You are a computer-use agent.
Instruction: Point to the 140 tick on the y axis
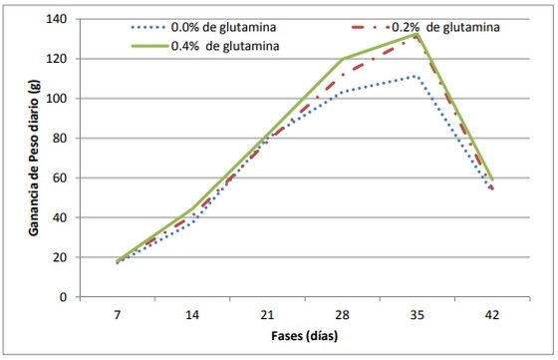pyautogui.click(x=63, y=19)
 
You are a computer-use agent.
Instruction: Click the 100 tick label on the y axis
pyautogui.click(x=63, y=99)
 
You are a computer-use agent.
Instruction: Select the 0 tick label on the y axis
pyautogui.click(x=69, y=297)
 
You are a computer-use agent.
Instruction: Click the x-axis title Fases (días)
pyautogui.click(x=304, y=335)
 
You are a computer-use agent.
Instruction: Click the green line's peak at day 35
pyautogui.click(x=417, y=33)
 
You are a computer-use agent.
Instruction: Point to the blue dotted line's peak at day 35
pyautogui.click(x=417, y=76)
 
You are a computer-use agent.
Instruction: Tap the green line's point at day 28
pyautogui.click(x=342, y=60)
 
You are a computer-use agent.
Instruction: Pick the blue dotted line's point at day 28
pyautogui.click(x=342, y=92)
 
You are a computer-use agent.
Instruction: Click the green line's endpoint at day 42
pyautogui.click(x=490, y=180)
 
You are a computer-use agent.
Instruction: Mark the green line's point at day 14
pyautogui.click(x=193, y=208)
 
